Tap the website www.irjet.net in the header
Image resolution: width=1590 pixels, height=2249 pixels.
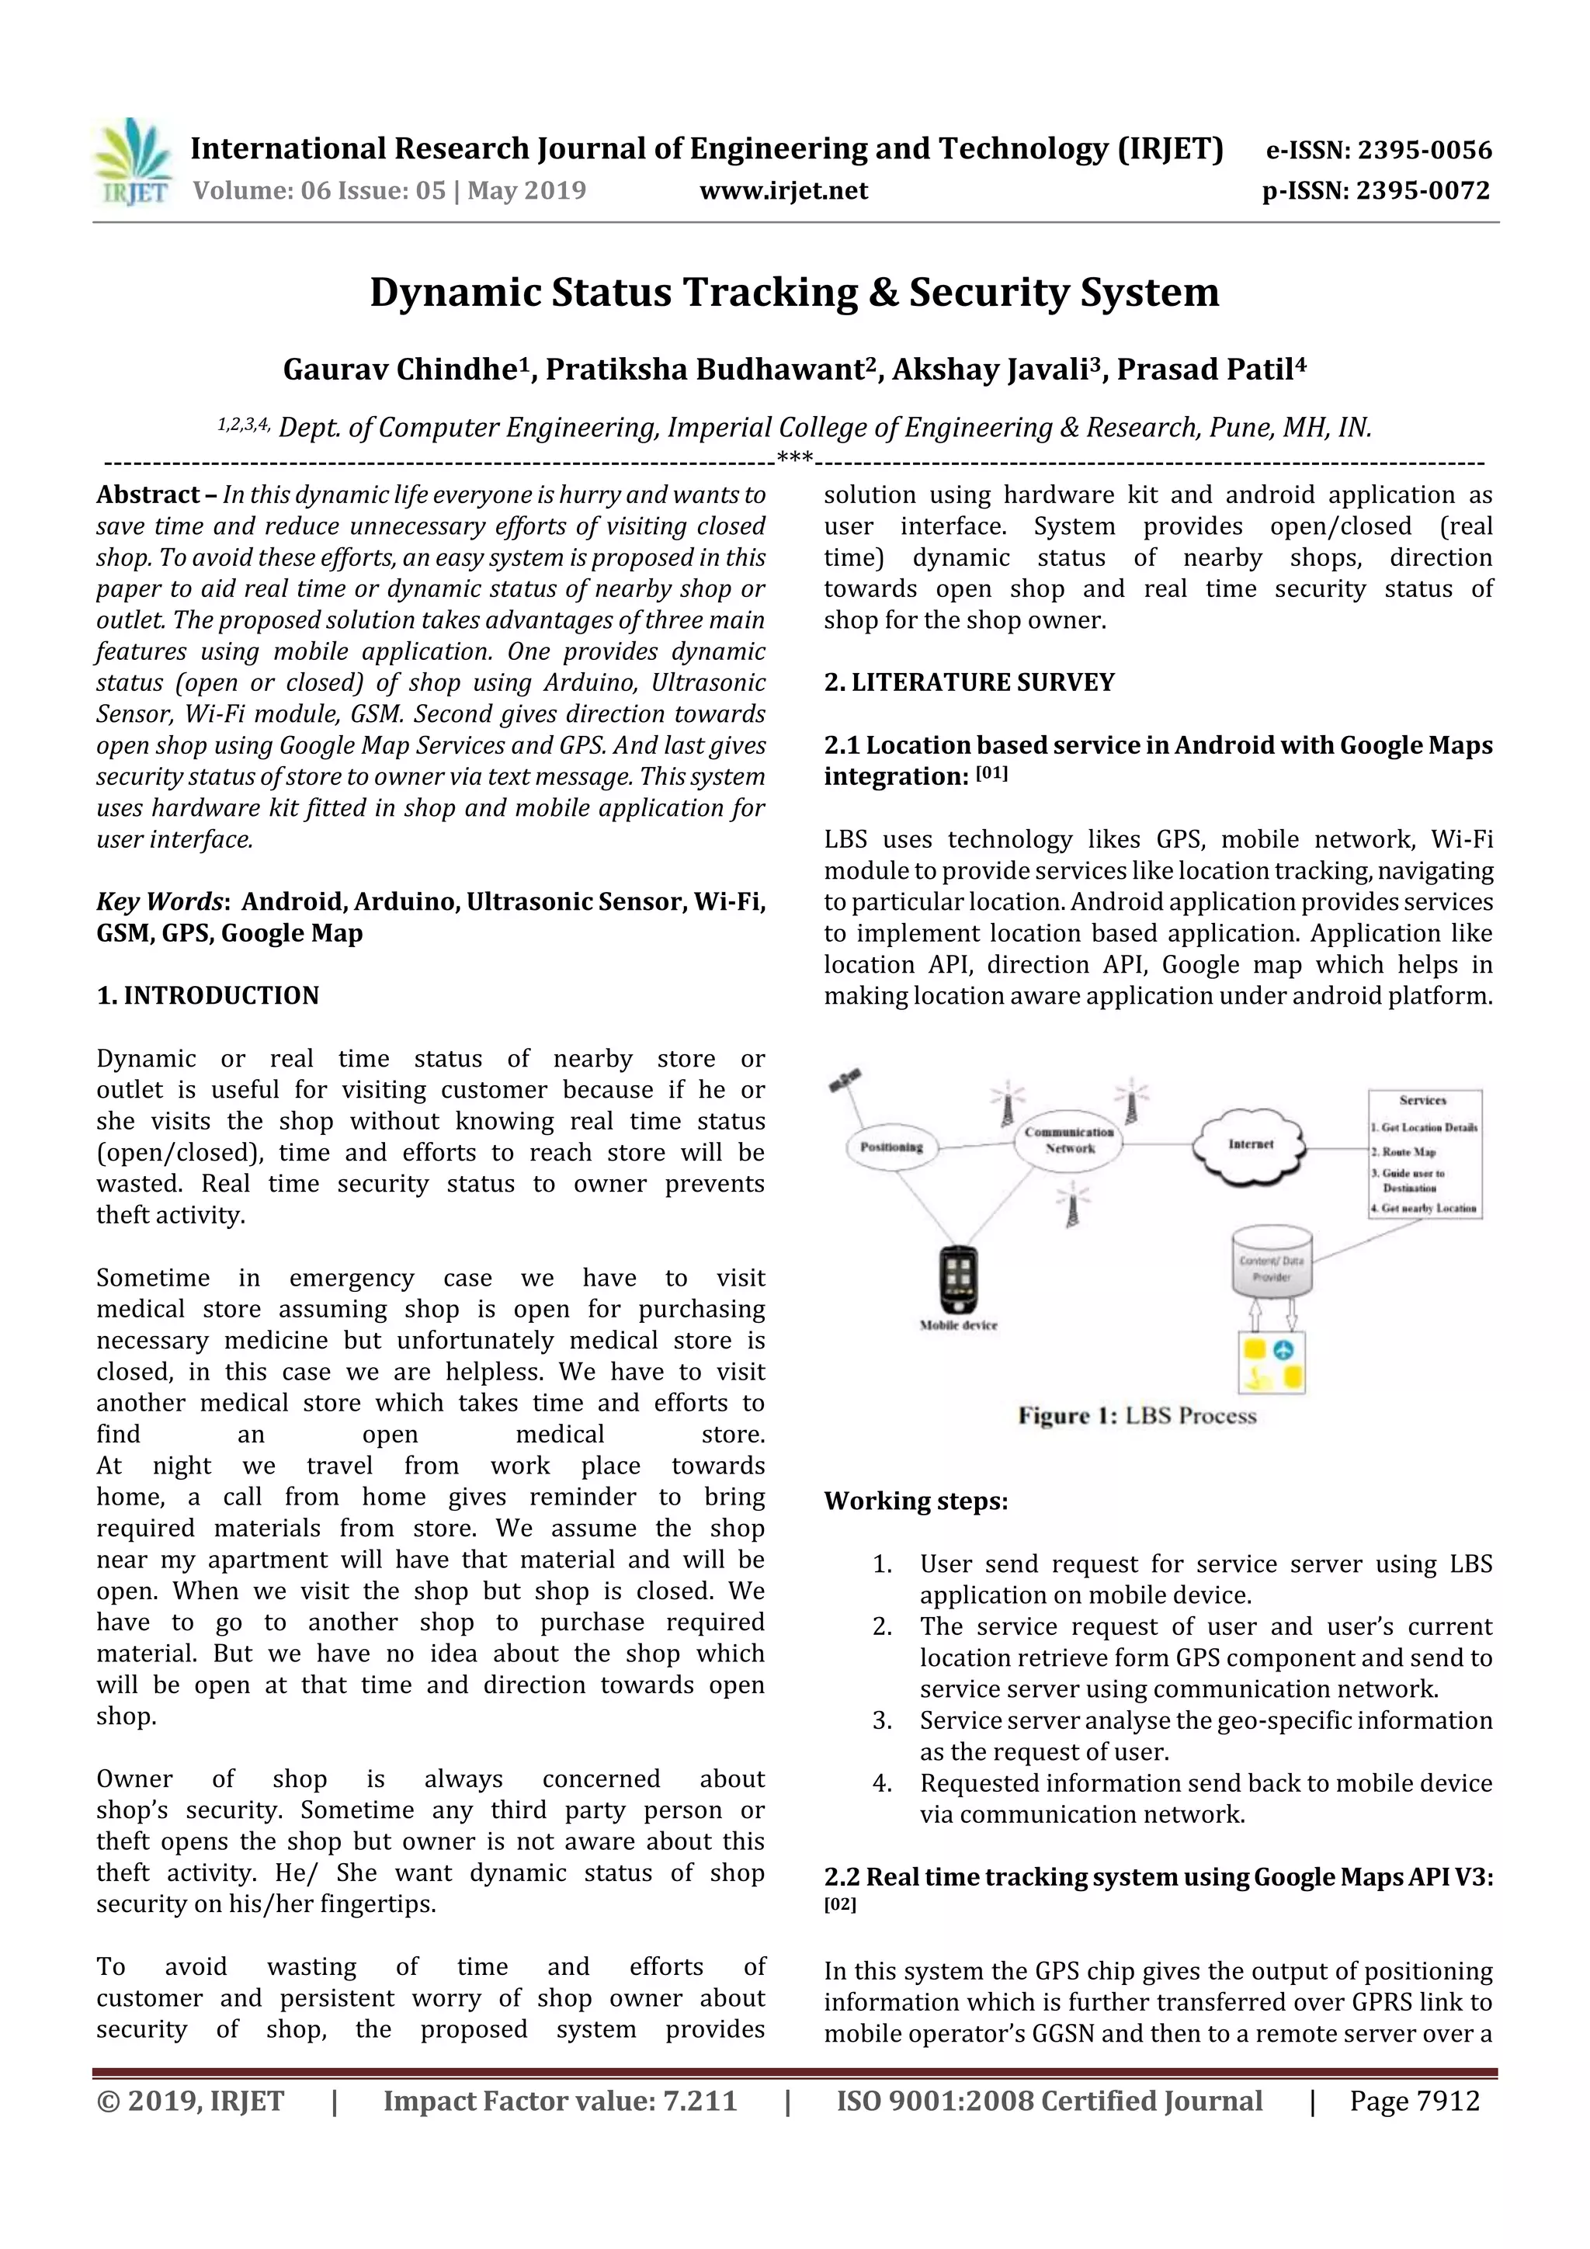pyautogui.click(x=783, y=190)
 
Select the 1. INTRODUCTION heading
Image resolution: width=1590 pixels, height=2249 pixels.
pyautogui.click(x=208, y=995)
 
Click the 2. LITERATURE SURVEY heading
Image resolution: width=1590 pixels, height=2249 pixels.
pyautogui.click(x=969, y=682)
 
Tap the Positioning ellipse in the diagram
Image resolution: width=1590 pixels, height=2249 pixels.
pyautogui.click(x=891, y=1147)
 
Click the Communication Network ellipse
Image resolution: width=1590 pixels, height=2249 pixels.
pyautogui.click(x=1069, y=1140)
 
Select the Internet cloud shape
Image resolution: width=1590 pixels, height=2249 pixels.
pyautogui.click(x=1250, y=1143)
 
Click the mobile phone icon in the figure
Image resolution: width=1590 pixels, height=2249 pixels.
pyautogui.click(x=958, y=1280)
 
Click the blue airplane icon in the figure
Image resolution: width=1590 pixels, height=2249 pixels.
pyautogui.click(x=1283, y=1351)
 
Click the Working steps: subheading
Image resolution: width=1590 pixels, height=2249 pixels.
pyautogui.click(x=915, y=1501)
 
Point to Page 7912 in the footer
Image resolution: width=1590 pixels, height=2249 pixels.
pyautogui.click(x=1414, y=2100)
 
